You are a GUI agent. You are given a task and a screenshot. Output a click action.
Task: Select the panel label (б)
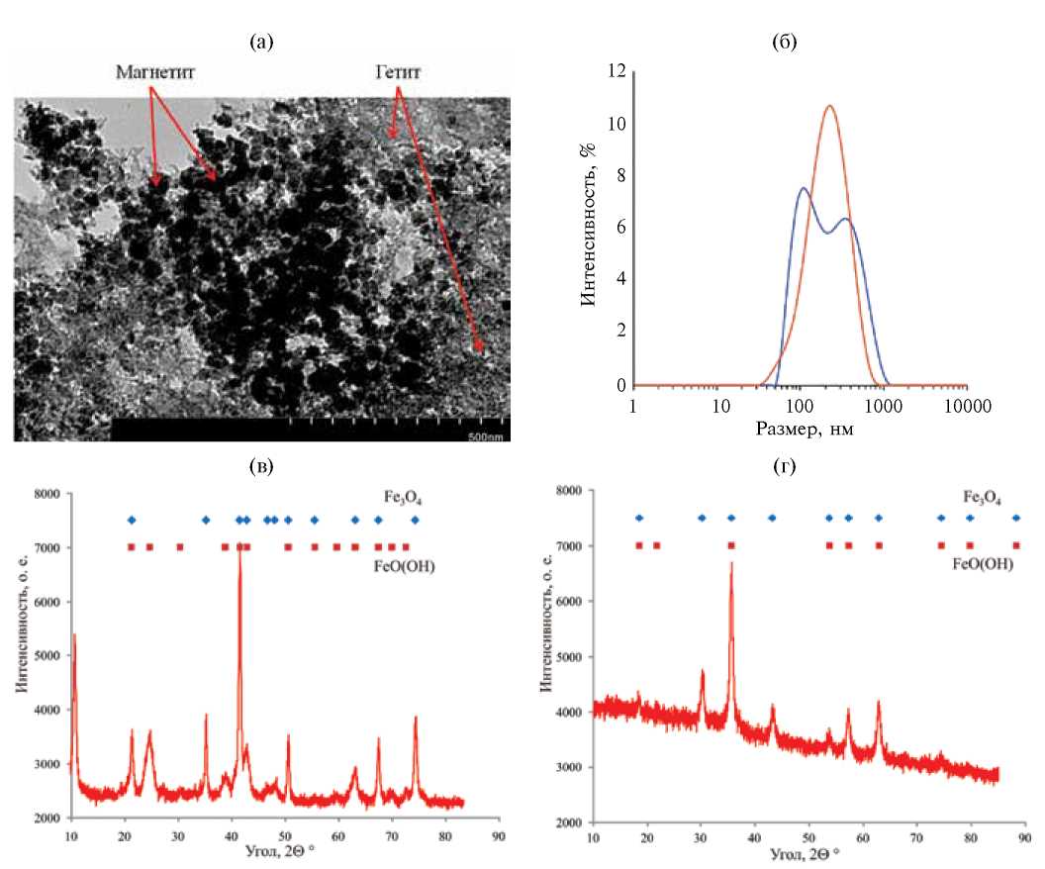[787, 41]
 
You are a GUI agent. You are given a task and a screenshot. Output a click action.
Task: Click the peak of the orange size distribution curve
[829, 106]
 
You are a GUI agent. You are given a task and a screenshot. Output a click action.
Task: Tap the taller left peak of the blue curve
[803, 188]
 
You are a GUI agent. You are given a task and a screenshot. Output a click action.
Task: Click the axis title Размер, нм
[801, 430]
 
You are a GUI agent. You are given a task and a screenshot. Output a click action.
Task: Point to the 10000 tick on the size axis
[967, 406]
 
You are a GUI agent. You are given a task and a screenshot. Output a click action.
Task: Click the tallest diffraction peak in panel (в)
[238, 542]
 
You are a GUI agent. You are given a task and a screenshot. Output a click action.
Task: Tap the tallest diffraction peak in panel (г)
[731, 563]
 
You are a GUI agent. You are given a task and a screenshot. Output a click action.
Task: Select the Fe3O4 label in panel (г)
[981, 498]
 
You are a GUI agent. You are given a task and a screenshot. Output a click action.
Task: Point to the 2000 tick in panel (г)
[567, 822]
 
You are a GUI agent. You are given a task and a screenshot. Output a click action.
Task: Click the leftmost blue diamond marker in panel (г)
[639, 518]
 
